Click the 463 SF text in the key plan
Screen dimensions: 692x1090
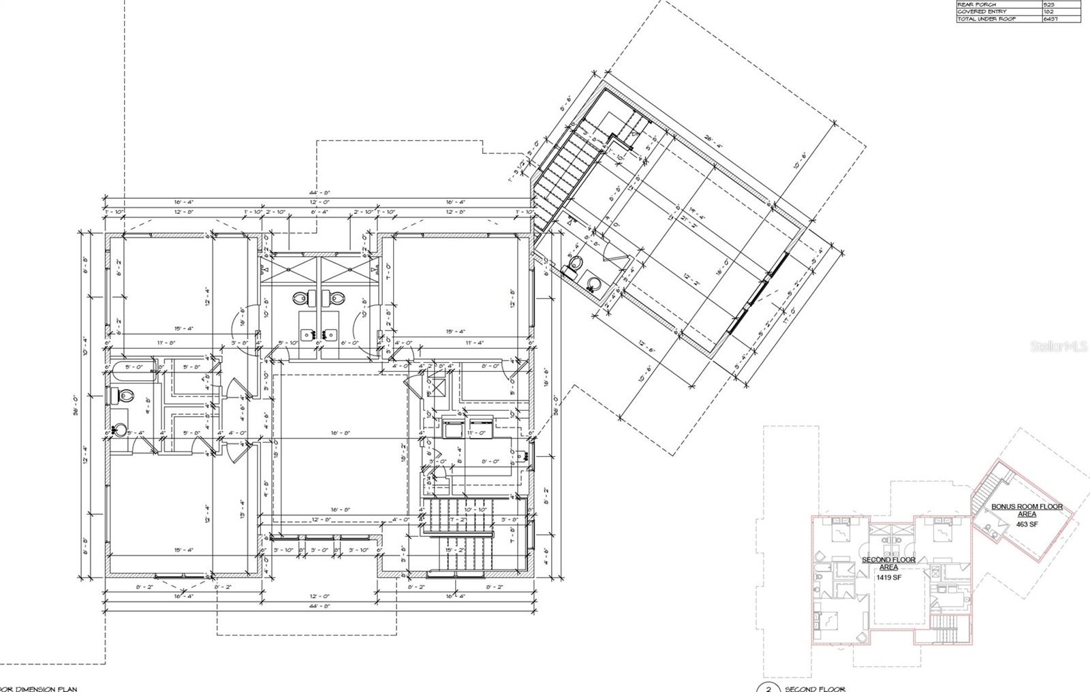[x=1027, y=524]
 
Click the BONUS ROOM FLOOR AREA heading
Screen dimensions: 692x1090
[x=1027, y=510]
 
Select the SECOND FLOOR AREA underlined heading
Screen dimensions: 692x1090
[x=889, y=563]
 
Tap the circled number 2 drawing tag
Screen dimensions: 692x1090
[x=768, y=689]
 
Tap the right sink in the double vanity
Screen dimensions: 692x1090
[x=331, y=334]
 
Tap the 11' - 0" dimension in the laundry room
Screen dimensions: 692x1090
[x=478, y=432]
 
